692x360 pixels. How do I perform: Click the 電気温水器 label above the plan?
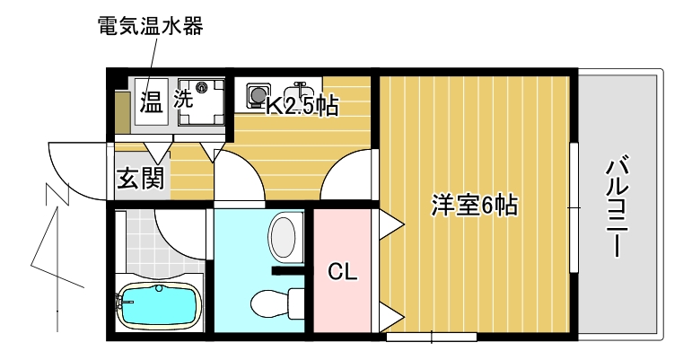150,26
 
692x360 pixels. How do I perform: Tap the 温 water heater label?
150,101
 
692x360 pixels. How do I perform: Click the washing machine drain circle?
202,88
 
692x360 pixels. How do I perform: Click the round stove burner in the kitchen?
258,92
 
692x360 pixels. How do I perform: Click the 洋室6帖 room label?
474,206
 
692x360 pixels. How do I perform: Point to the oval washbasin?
283,238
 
